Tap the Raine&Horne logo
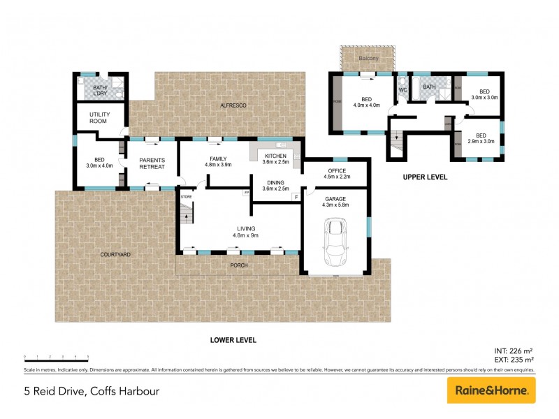point(491,390)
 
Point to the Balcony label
point(368,59)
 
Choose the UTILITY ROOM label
point(100,117)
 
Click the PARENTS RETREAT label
point(152,163)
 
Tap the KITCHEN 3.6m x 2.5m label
point(274,159)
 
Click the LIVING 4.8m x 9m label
point(245,232)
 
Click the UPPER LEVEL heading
point(424,177)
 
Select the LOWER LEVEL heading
point(233,340)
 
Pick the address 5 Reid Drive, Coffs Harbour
point(91,391)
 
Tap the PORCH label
point(239,265)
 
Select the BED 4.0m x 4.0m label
point(365,102)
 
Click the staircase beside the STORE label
point(187,214)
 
